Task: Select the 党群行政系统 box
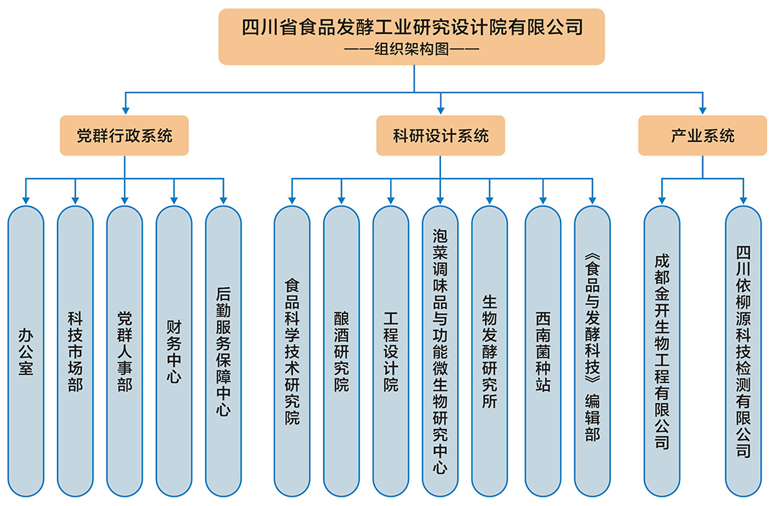point(124,135)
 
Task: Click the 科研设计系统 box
point(440,135)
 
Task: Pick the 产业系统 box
point(702,135)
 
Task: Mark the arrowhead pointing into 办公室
point(26,198)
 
